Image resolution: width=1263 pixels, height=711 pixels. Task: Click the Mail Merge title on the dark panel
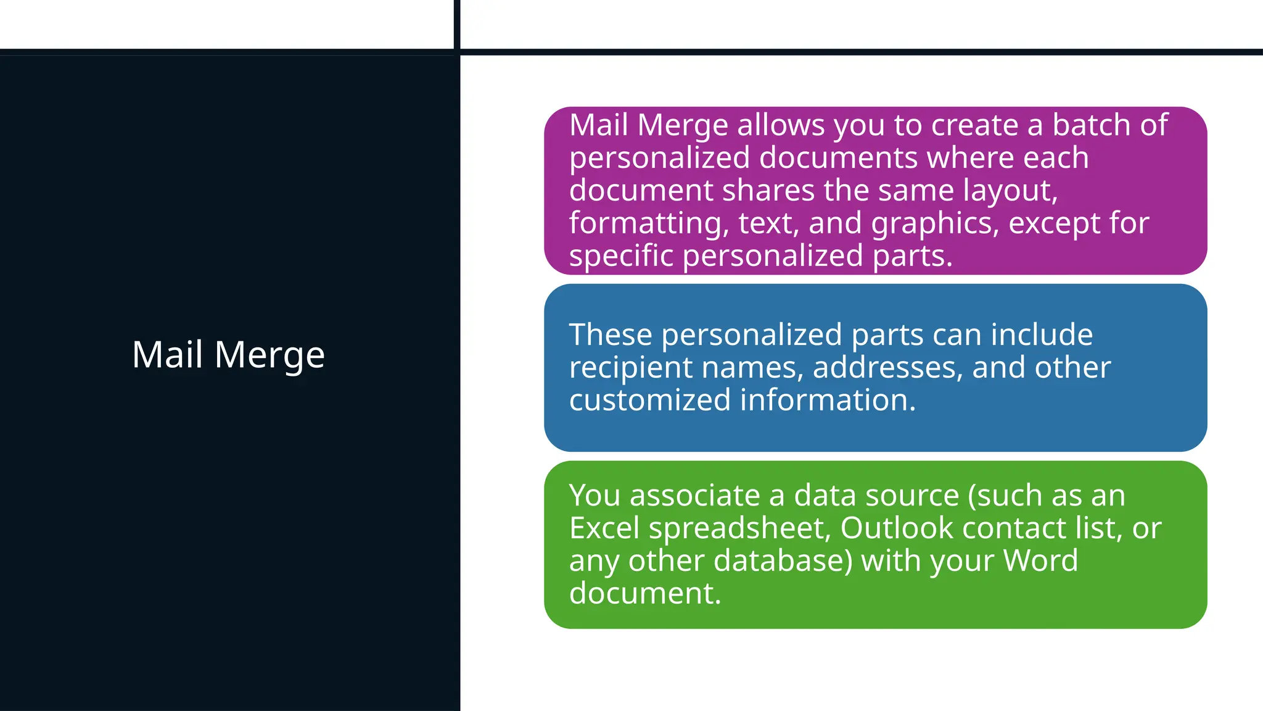[228, 355]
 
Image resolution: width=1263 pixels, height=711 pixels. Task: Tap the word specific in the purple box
[621, 256]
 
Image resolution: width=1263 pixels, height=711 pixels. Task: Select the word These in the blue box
[611, 335]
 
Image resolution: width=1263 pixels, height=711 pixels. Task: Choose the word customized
[650, 401]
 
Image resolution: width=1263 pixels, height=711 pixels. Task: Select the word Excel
[604, 528]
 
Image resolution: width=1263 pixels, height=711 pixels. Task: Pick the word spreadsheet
[739, 528]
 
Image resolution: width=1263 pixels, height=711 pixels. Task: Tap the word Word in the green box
[1040, 561]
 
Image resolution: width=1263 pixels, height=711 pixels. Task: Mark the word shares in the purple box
[768, 191]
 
